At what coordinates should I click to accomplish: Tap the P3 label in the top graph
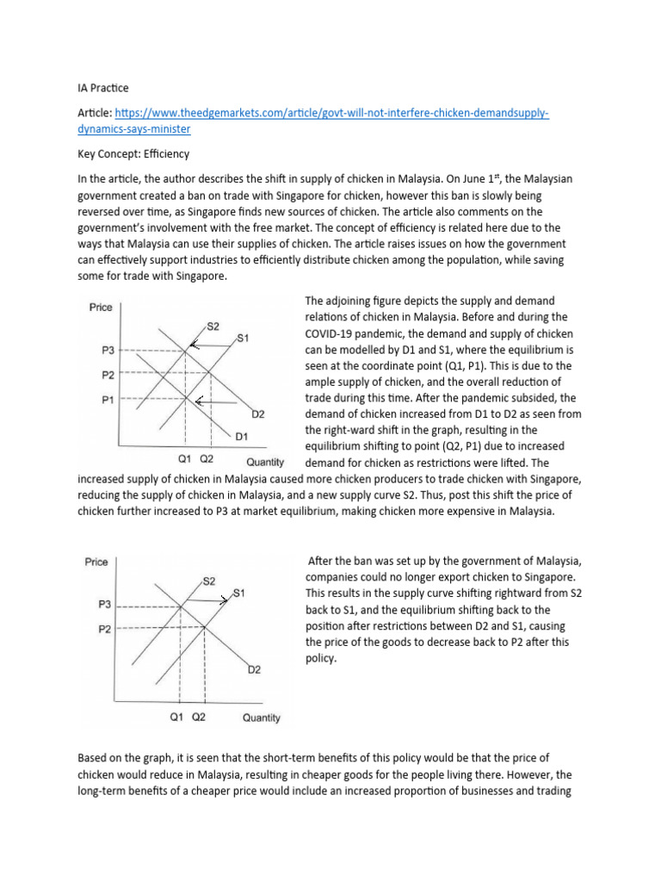pos(108,350)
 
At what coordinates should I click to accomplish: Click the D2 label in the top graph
pos(257,414)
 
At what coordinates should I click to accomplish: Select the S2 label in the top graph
pos(213,326)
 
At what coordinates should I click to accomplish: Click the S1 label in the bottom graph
pos(240,593)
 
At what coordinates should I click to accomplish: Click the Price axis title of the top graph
pos(101,307)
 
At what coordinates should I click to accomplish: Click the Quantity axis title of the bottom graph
pos(261,717)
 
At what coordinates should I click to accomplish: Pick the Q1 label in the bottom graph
pos(177,717)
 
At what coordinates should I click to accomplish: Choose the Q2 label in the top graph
pos(207,458)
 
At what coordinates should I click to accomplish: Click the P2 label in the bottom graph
pos(104,630)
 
